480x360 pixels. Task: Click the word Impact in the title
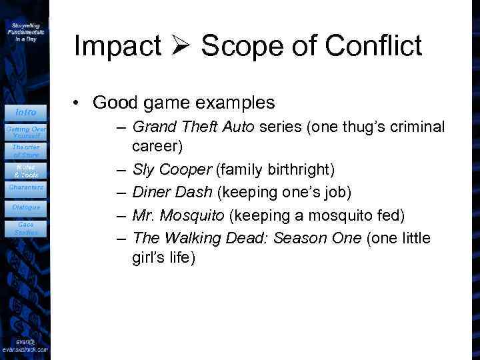[117, 46]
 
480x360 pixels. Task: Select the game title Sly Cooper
[171, 169]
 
